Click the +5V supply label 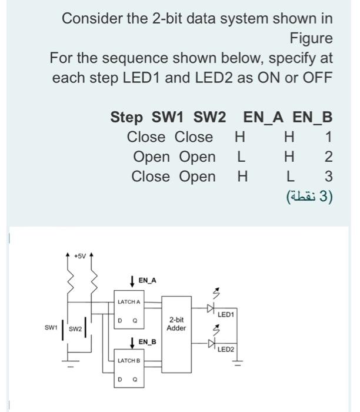point(79,256)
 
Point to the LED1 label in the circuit point(226,315)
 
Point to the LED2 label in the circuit point(226,350)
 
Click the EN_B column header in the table point(312,117)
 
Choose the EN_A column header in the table point(263,117)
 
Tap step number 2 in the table point(328,157)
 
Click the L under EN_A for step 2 point(240,157)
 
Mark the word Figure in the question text point(311,39)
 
